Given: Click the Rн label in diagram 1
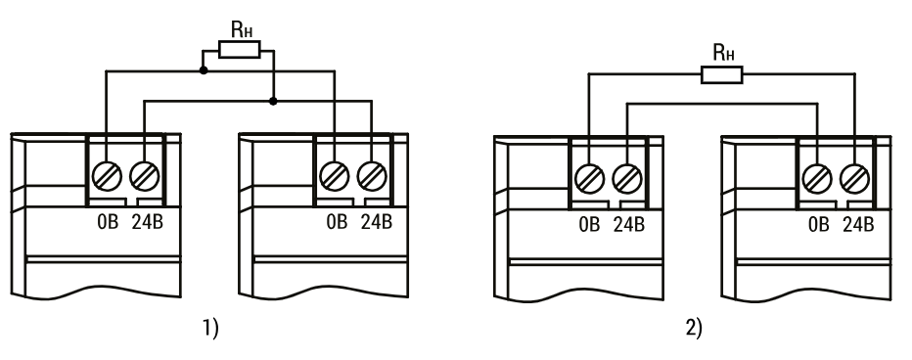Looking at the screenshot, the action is (x=242, y=29).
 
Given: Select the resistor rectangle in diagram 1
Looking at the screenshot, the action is (x=240, y=50).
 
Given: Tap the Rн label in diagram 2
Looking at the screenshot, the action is (x=723, y=53).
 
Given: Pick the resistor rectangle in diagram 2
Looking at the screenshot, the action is (x=722, y=74).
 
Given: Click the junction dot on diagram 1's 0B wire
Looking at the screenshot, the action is (x=203, y=70).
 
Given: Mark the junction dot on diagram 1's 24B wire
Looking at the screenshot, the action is (x=273, y=101).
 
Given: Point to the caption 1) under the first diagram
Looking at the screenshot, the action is (x=210, y=328).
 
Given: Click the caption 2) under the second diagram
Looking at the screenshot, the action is (x=694, y=328).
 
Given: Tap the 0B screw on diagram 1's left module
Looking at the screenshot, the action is (x=107, y=176).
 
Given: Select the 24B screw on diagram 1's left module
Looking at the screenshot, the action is (x=144, y=176).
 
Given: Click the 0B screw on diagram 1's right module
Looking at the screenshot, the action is (x=335, y=176).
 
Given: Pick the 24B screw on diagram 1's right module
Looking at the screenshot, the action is (x=372, y=176).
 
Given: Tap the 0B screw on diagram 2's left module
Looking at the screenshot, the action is (x=589, y=179).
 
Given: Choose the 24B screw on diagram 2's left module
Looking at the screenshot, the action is (x=627, y=179).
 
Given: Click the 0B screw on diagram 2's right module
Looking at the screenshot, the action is (x=817, y=179).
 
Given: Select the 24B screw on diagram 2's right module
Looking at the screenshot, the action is (x=854, y=179).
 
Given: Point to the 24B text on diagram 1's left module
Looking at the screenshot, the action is (x=148, y=222).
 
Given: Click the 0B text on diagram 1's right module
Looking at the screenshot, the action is (x=337, y=222).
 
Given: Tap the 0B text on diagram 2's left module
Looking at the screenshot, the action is (x=589, y=224).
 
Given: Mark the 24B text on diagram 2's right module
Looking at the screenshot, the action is (x=858, y=224).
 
